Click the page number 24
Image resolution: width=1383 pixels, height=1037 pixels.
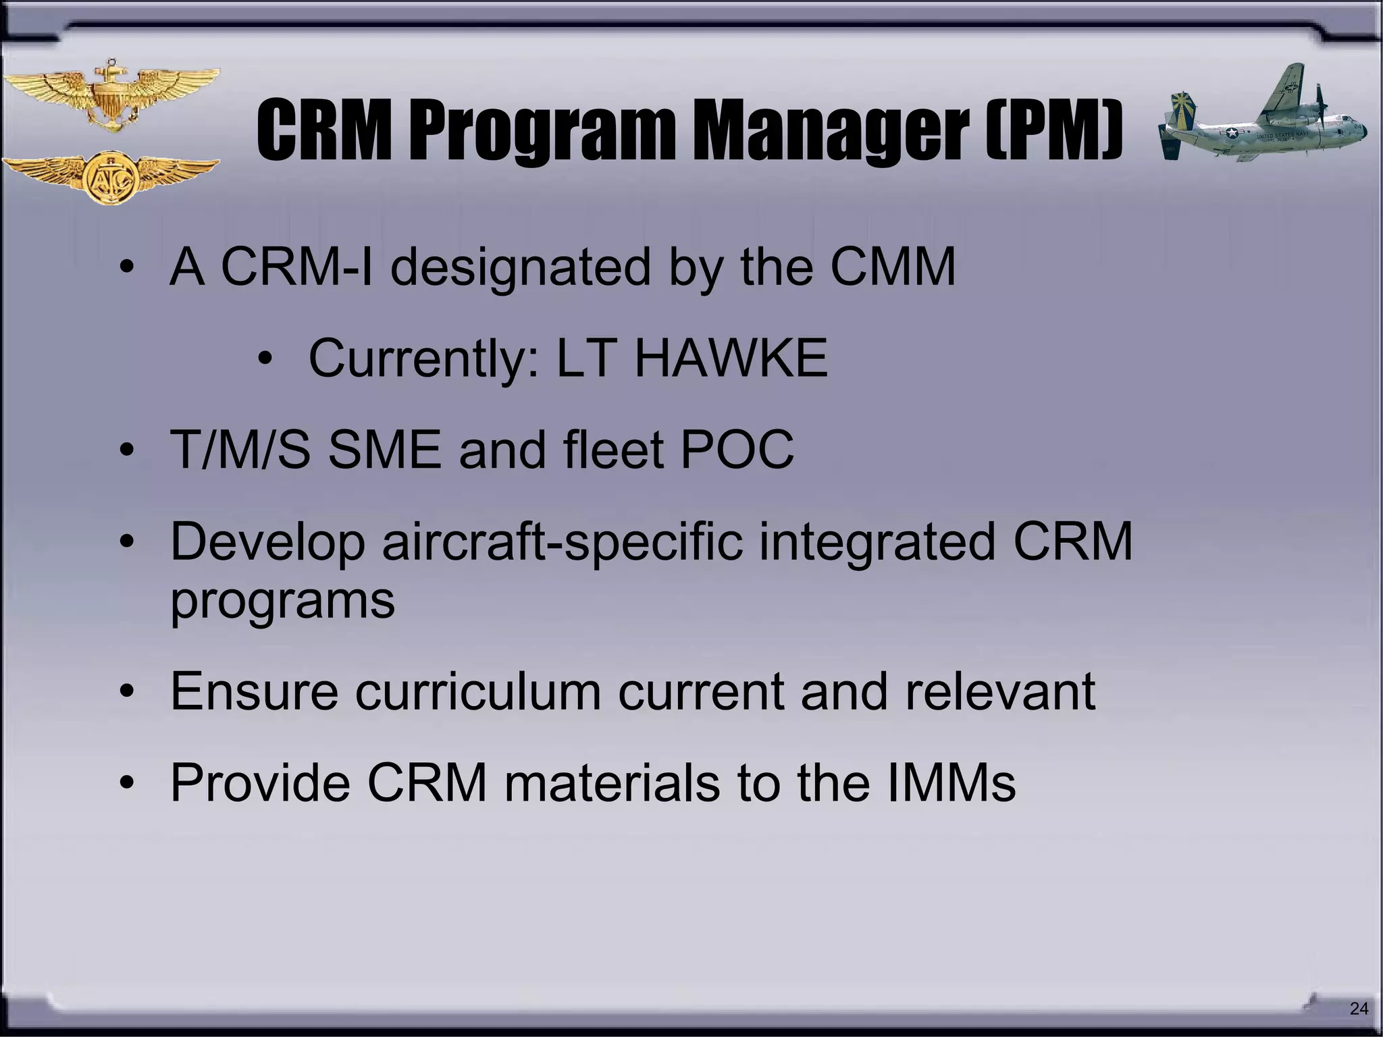pos(1359,1009)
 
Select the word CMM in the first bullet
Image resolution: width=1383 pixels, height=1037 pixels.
pos(893,267)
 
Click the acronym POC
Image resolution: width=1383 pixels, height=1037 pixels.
pos(737,450)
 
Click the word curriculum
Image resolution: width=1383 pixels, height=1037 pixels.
pos(478,691)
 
